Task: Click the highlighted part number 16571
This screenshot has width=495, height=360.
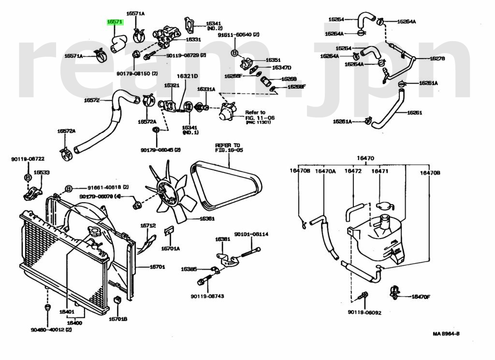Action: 115,22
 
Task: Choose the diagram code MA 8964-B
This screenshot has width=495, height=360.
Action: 446,334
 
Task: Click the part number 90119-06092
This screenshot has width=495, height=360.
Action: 364,313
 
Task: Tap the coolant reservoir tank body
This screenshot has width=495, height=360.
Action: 379,240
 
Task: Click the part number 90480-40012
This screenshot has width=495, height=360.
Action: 51,330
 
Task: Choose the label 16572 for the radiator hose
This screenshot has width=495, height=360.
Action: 91,101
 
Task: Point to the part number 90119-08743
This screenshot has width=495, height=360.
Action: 207,296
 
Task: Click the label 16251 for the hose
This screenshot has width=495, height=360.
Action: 414,113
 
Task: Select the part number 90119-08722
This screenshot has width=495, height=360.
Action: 28,159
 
